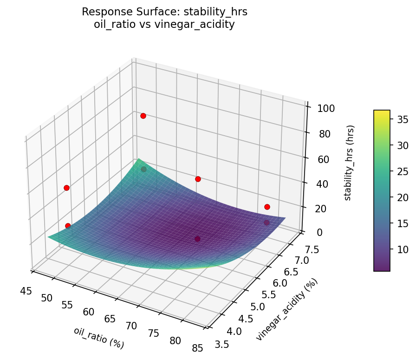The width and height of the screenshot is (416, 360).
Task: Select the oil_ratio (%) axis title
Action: pos(99,338)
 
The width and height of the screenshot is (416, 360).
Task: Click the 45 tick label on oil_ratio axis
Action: pos(26,291)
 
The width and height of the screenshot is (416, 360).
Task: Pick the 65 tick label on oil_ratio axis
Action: pos(110,319)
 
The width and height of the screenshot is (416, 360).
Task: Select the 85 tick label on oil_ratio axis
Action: pos(197,348)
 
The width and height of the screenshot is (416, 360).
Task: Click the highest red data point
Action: pos(143,116)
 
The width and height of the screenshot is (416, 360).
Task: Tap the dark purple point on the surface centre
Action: pos(197,239)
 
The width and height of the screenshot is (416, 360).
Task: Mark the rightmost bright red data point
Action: pos(267,207)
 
